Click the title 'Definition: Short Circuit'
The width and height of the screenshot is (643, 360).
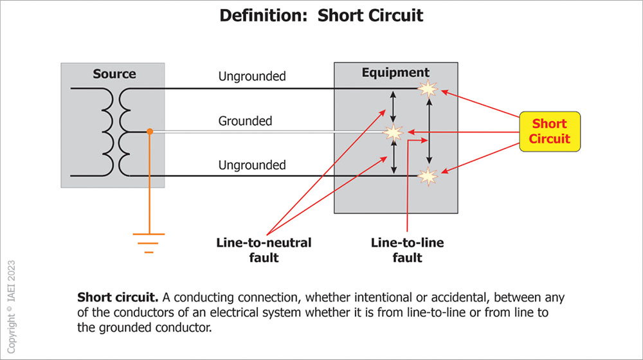321,15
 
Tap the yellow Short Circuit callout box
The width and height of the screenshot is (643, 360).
549,131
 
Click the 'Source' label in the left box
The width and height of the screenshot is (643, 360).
114,74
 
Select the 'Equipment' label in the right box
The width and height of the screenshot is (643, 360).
395,73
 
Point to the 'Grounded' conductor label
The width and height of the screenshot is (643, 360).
245,121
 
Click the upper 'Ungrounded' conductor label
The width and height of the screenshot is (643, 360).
251,76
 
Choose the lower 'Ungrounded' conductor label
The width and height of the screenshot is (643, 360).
251,165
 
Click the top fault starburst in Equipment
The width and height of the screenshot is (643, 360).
428,89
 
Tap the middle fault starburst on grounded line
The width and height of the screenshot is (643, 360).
393,132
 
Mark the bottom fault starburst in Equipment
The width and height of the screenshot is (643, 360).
428,175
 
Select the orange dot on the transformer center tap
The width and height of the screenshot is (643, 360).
149,131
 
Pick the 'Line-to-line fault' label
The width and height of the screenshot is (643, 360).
407,250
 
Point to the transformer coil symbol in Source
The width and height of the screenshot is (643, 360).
116,132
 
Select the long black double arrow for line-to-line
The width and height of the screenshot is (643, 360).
430,132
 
